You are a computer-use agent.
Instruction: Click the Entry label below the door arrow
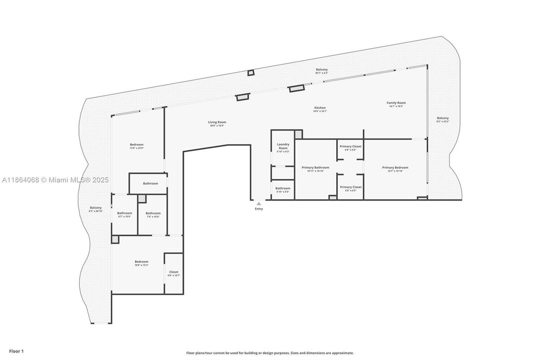pyautogui.click(x=258, y=208)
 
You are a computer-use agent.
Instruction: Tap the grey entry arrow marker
pyautogui.click(x=258, y=203)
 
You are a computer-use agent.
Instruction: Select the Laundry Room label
pyautogui.click(x=283, y=146)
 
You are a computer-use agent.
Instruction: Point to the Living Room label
pyautogui.click(x=217, y=122)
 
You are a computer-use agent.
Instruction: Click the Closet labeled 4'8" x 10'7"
pyautogui.click(x=173, y=272)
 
